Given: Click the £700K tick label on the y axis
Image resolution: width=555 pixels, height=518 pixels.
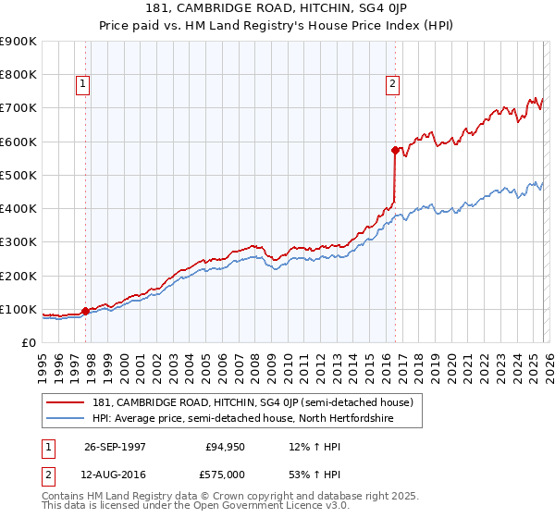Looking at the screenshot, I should point(18,108).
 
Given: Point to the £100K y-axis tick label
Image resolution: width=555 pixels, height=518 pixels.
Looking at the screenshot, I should point(18,309).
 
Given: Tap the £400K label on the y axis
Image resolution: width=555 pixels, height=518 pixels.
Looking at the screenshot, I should point(18,209).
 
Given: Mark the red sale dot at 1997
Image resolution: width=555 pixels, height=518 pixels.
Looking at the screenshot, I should point(86,311).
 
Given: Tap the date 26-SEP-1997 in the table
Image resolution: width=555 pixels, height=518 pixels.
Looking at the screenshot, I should point(115,447).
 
